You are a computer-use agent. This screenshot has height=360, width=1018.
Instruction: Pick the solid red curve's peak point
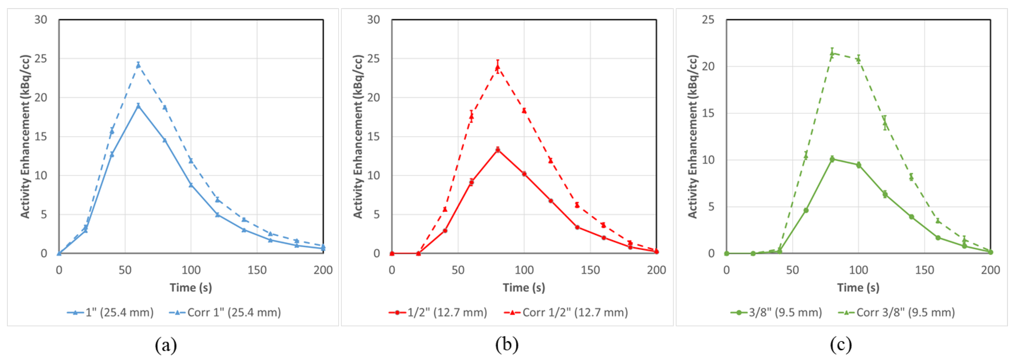coord(497,150)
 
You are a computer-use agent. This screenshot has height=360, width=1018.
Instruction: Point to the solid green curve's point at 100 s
coord(858,165)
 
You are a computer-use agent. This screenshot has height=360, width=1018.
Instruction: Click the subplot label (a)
coord(166,345)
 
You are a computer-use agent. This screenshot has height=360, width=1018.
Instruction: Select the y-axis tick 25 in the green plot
coord(708,20)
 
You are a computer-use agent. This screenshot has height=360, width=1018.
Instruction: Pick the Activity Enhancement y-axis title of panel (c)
coord(692,136)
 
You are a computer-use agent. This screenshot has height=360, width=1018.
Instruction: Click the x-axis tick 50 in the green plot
coord(792,270)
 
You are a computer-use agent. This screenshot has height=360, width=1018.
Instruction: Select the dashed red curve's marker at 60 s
coord(471,116)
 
